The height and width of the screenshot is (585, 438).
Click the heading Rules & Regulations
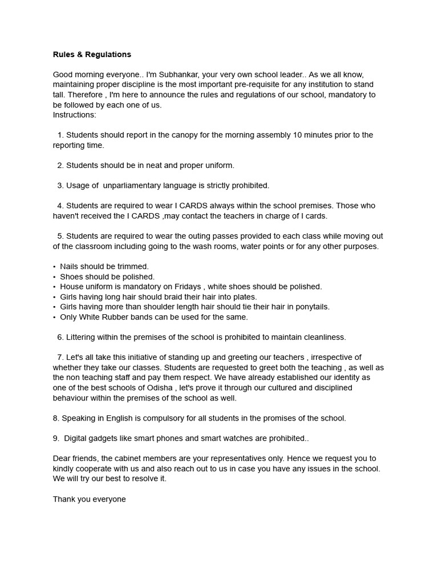coord(92,54)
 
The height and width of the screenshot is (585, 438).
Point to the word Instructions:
coord(75,115)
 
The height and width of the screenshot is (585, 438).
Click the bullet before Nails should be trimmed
coord(55,267)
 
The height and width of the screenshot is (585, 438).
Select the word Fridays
coord(181,287)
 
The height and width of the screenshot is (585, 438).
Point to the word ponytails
coord(311,307)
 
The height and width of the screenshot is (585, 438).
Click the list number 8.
coord(56,418)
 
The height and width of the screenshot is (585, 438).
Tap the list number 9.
coord(56,438)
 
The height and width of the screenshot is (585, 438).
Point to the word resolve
coord(140,479)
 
